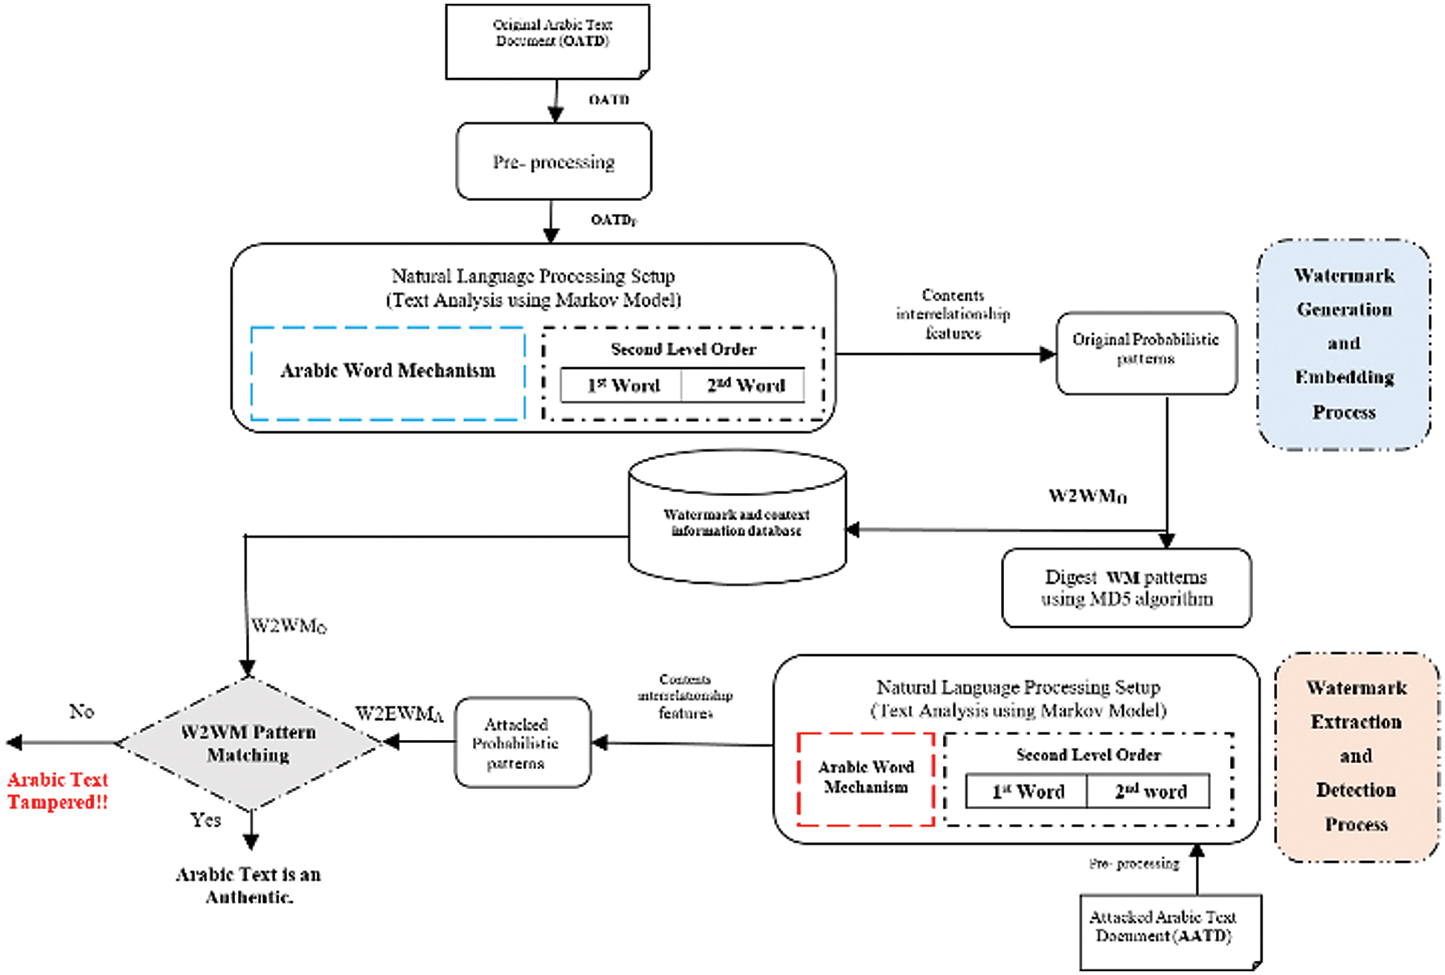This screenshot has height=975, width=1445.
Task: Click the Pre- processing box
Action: [554, 162]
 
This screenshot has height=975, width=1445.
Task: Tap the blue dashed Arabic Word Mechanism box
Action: [387, 372]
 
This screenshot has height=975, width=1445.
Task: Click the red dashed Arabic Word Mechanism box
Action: [866, 778]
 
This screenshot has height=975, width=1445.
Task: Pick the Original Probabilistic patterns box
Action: [1146, 353]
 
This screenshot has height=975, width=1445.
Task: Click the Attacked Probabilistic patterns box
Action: [522, 742]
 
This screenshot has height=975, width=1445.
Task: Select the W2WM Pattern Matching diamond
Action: [249, 744]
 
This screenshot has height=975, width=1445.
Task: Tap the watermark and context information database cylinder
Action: [736, 521]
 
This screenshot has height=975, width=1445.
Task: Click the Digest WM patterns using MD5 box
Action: [1126, 588]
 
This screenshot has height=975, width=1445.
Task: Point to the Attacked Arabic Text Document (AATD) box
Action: [1170, 929]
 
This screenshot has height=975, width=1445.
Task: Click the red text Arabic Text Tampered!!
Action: [58, 791]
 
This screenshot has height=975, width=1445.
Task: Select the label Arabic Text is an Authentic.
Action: [248, 885]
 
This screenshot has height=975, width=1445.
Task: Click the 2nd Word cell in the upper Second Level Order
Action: [745, 385]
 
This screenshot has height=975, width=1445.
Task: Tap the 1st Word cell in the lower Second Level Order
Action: [1027, 791]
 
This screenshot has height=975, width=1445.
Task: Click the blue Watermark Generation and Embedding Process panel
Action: [1344, 344]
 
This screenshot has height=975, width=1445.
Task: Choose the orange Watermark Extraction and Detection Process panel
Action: [1356, 756]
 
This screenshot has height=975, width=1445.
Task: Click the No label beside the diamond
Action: [82, 712]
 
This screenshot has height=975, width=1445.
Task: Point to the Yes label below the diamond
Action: [205, 820]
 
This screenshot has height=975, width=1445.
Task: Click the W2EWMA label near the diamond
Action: [399, 715]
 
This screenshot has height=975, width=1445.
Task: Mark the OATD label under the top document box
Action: [609, 100]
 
